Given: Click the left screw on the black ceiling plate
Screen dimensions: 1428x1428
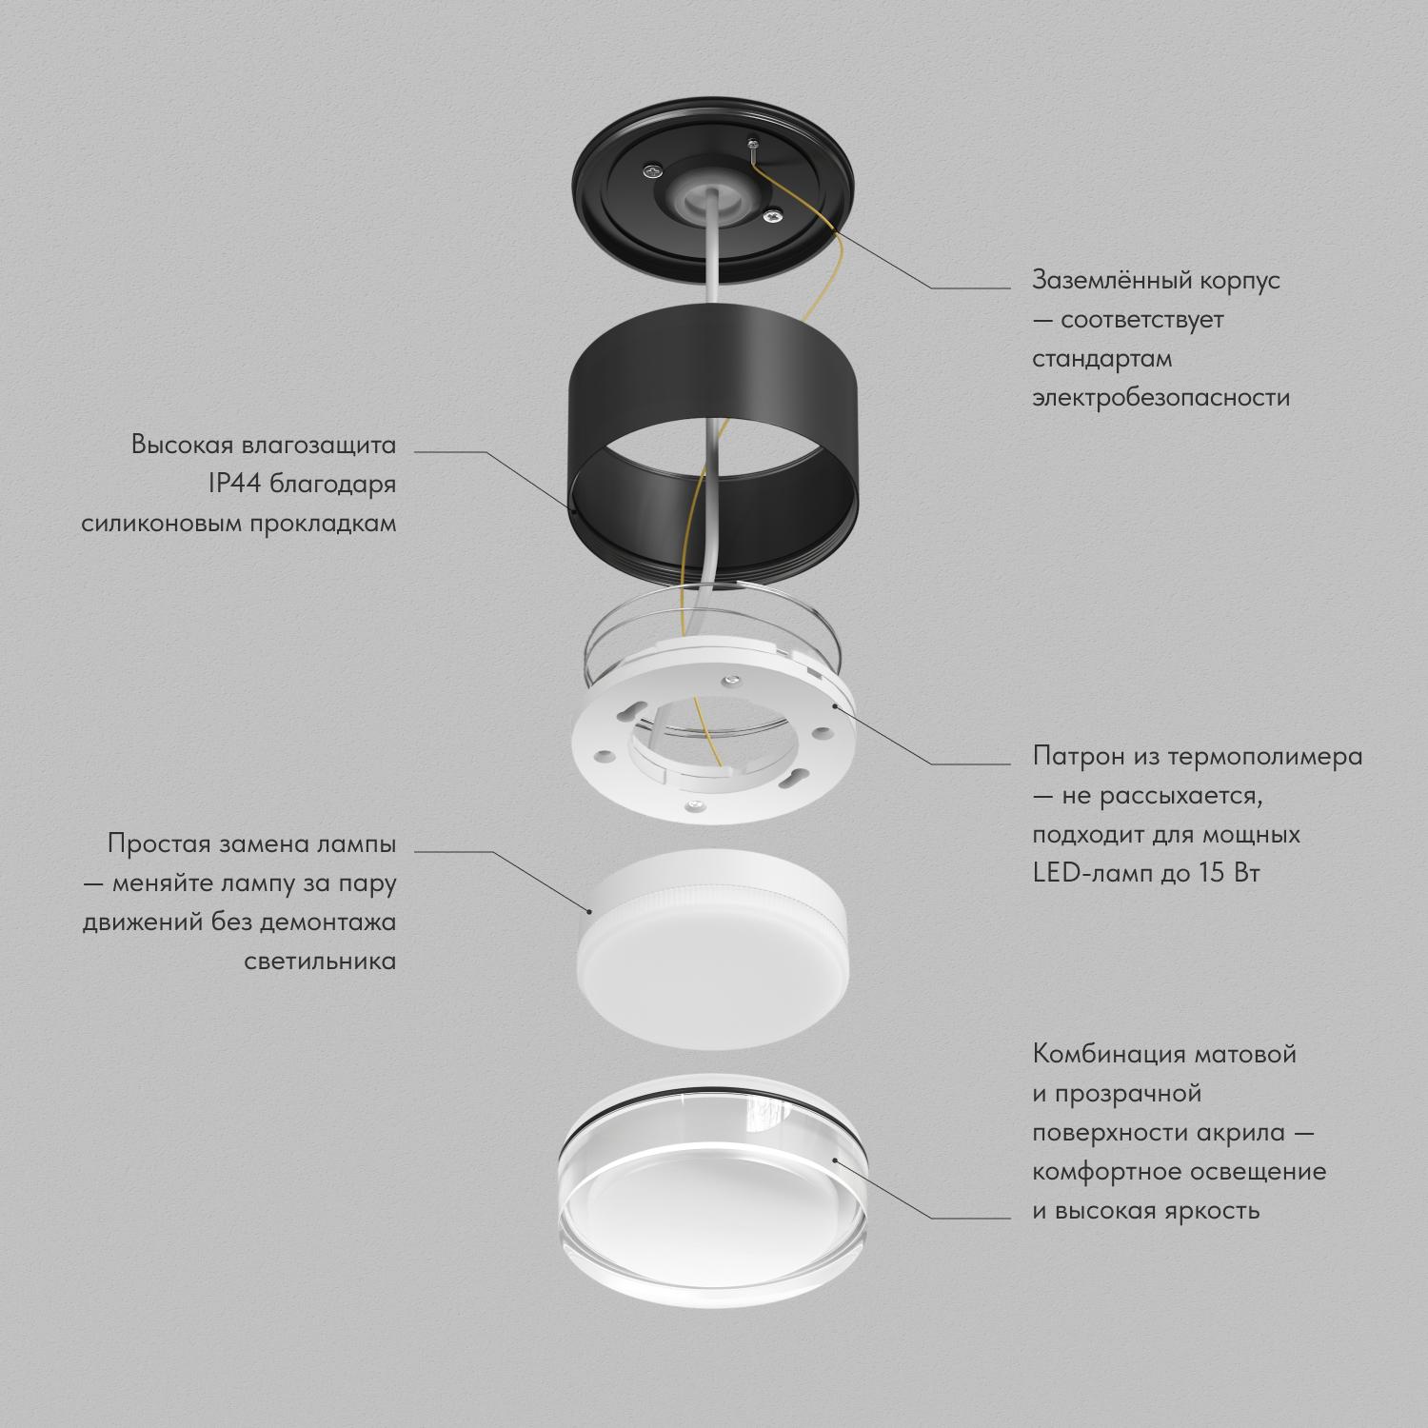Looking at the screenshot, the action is click(x=651, y=170).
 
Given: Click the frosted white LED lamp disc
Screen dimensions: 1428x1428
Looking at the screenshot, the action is click(x=712, y=942).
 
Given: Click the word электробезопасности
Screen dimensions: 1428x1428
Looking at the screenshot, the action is click(x=1161, y=398).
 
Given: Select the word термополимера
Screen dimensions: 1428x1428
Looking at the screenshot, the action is click(x=1265, y=758).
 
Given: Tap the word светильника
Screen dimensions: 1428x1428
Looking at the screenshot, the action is click(x=320, y=962).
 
